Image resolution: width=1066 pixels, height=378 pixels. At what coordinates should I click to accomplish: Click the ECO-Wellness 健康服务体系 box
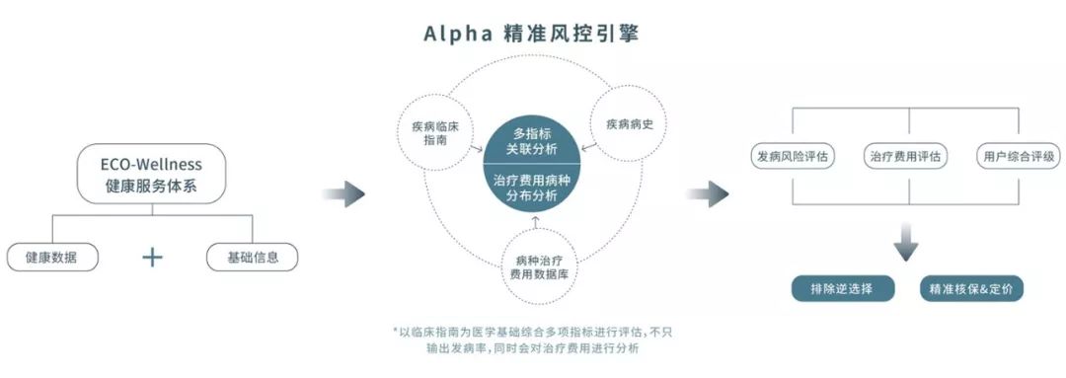pos(152,174)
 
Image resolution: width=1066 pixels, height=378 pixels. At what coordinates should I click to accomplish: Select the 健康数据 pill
pos(52,258)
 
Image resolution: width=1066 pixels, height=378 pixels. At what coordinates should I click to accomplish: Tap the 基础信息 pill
pos(253,258)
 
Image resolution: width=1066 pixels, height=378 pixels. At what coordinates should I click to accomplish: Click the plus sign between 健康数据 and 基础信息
pos(152,257)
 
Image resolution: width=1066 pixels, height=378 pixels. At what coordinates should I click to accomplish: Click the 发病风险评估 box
pos(794,156)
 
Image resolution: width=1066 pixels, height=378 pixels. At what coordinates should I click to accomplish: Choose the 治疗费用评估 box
pos(909,156)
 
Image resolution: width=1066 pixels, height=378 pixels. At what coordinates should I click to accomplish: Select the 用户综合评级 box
pos(1019,156)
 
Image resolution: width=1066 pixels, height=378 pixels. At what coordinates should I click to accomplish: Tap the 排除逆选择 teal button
pos(842,288)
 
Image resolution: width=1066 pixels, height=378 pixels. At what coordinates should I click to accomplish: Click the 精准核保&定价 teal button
pos(971,288)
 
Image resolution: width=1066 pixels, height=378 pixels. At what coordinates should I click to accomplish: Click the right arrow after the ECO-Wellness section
pos(343,194)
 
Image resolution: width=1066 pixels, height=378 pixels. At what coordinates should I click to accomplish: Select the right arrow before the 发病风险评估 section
pos(707,194)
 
